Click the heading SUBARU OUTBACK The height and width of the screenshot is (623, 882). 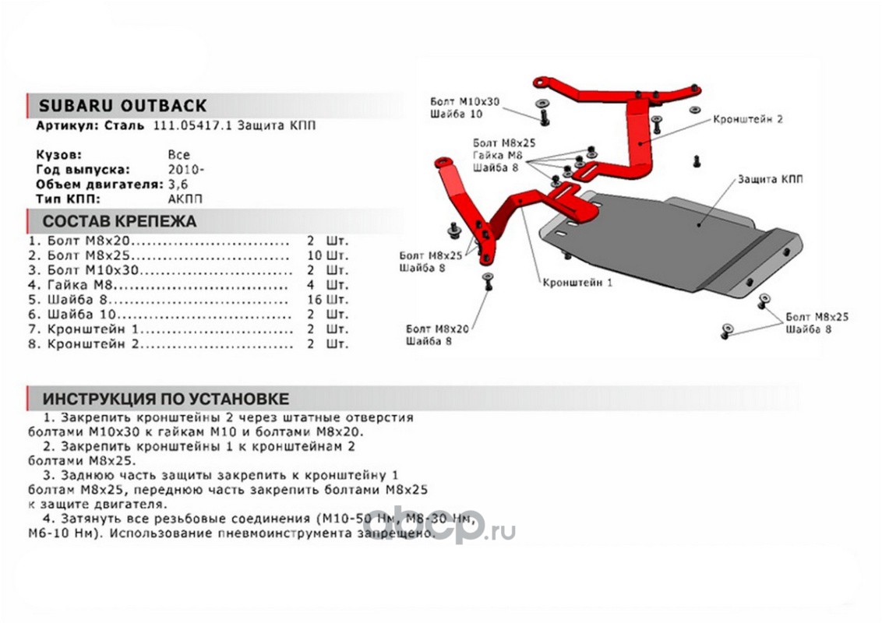[x=123, y=106]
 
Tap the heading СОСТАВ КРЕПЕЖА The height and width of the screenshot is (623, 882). [x=119, y=221]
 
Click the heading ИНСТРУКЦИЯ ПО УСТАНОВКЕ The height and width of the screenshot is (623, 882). [x=165, y=399]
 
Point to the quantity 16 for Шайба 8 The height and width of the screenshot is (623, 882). [x=316, y=299]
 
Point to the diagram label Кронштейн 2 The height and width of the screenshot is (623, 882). [x=746, y=119]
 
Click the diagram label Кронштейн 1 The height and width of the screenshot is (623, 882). [x=577, y=283]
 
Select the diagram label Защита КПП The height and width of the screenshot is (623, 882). [x=770, y=180]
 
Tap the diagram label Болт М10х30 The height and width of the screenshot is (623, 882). [x=464, y=102]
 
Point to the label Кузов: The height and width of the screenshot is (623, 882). [x=58, y=155]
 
